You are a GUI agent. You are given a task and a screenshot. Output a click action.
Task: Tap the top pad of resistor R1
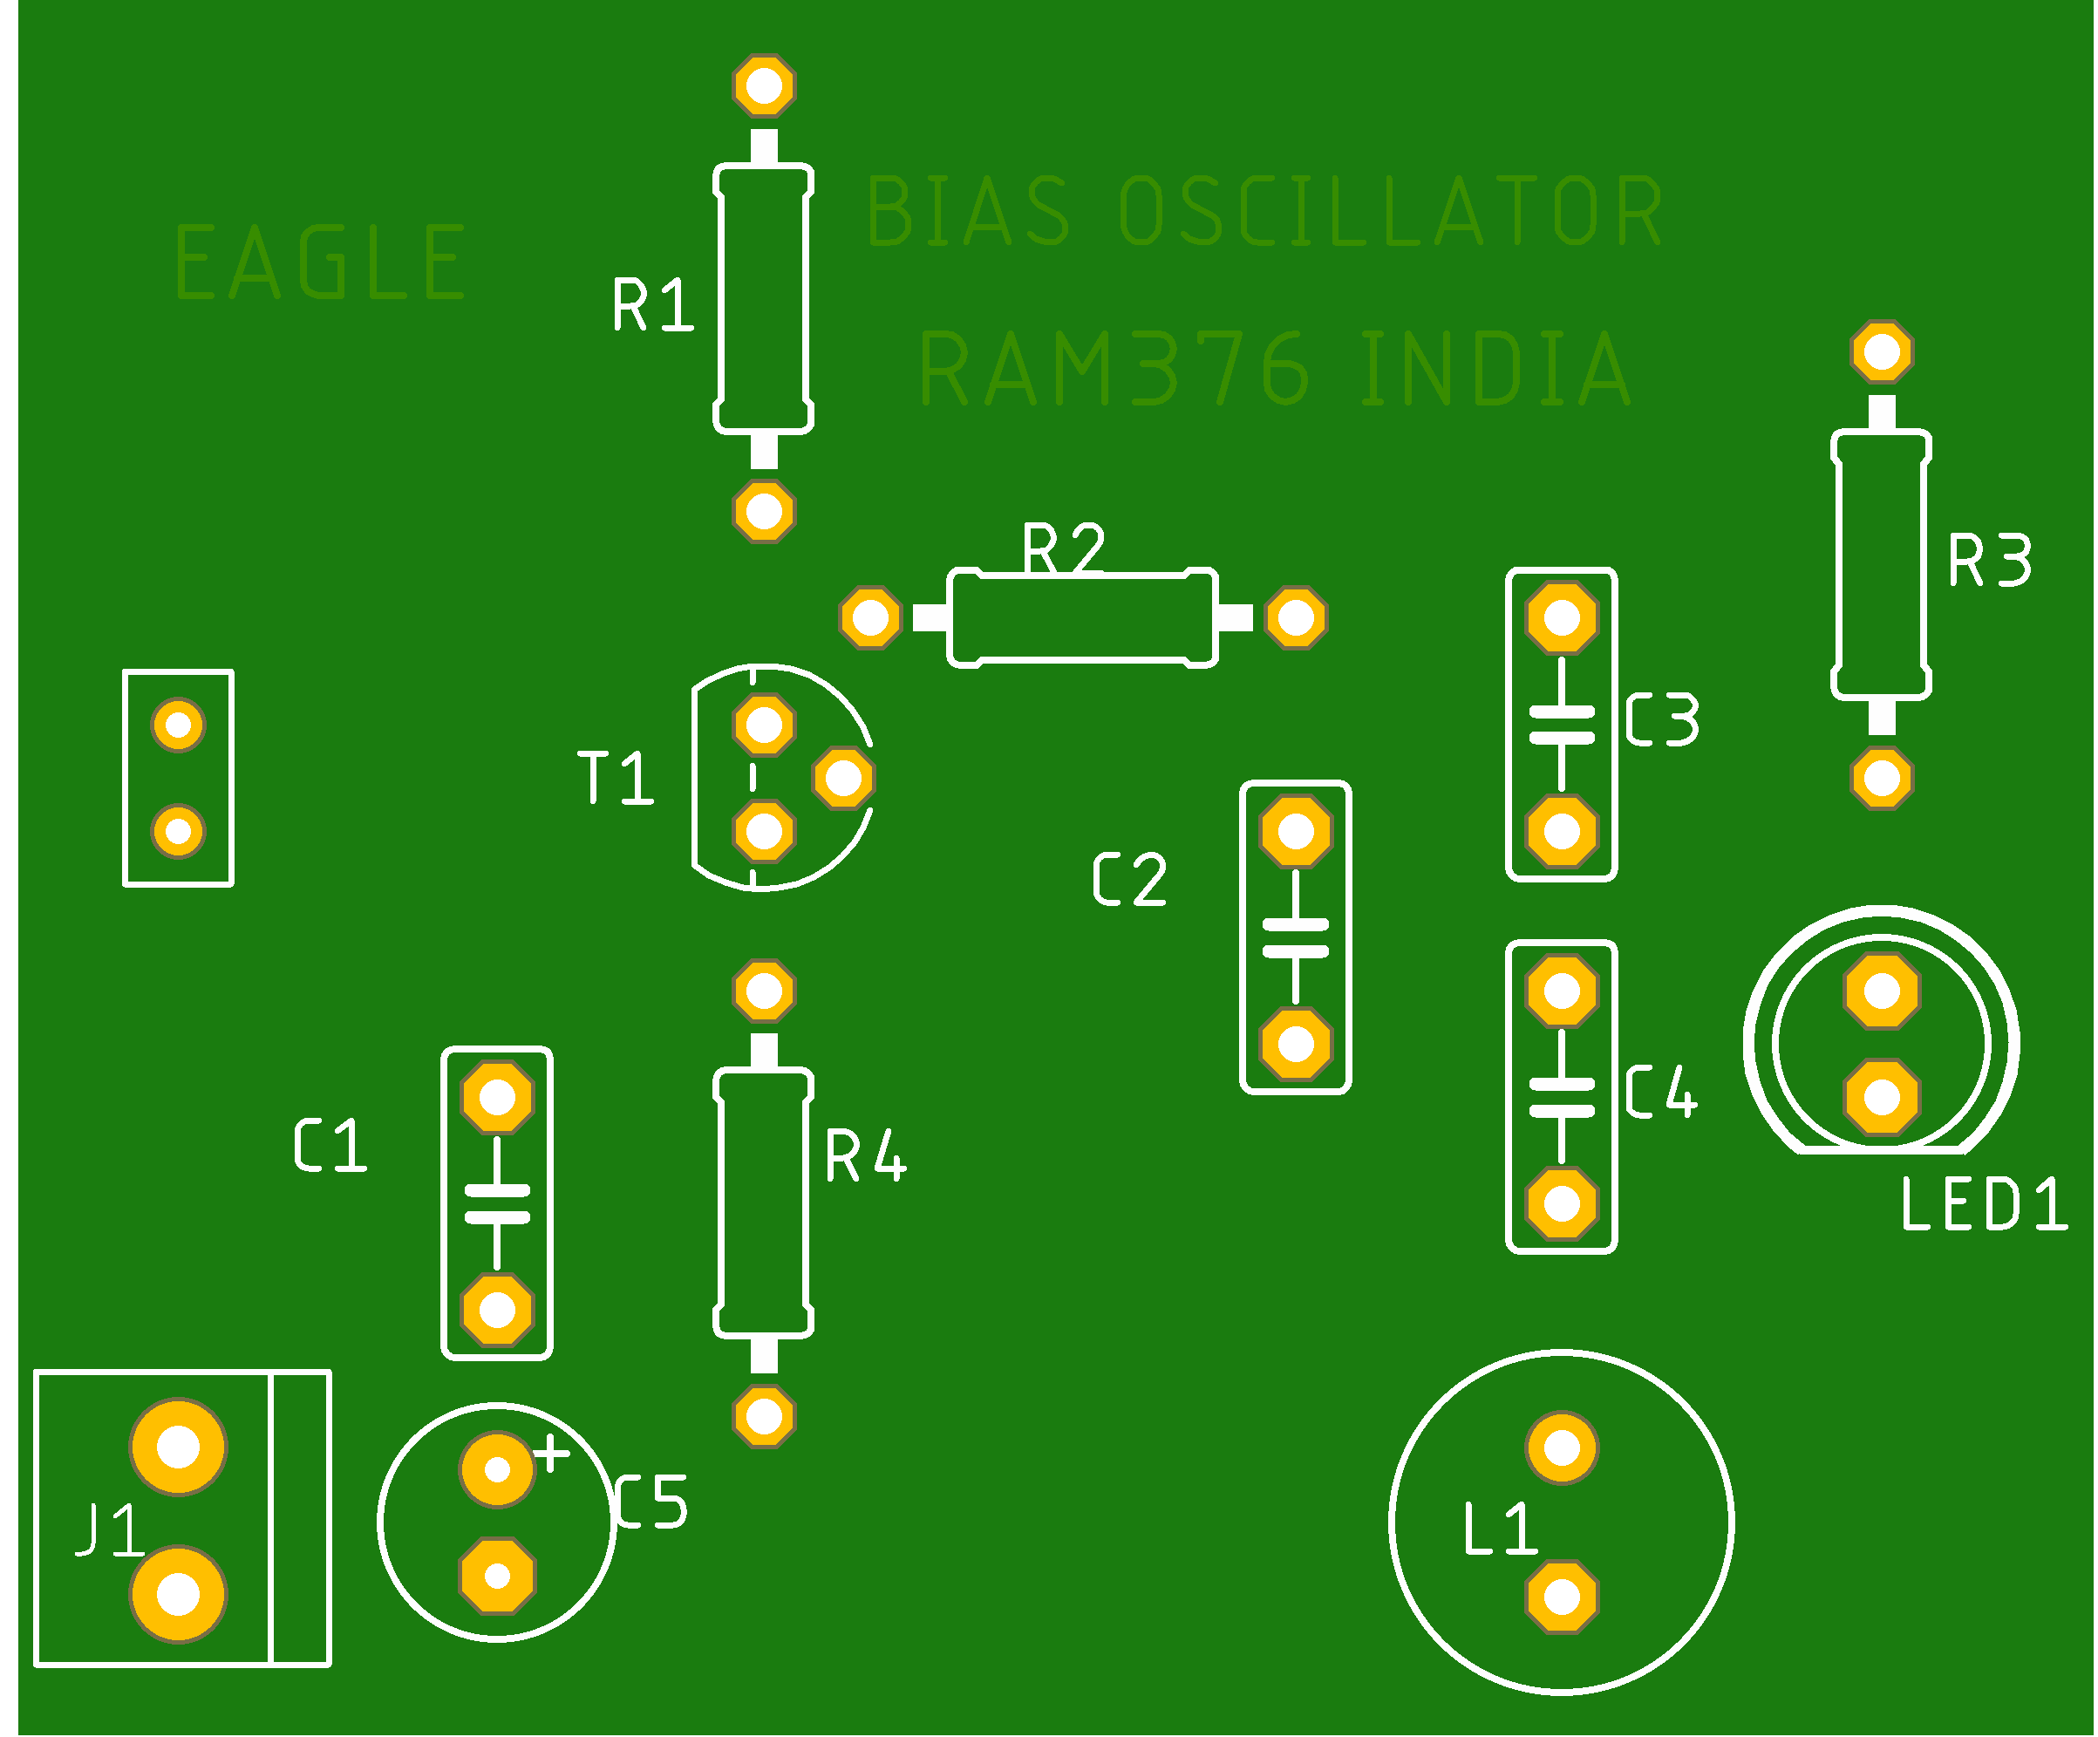tap(764, 86)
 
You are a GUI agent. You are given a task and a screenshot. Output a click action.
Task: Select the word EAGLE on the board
tap(320, 262)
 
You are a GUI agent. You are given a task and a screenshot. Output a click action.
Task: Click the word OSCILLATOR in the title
tap(1391, 212)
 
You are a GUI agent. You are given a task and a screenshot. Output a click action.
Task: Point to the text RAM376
tap(1114, 370)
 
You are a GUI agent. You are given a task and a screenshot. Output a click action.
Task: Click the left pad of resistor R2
tap(870, 618)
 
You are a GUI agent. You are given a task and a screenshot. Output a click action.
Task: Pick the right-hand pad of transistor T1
tap(844, 778)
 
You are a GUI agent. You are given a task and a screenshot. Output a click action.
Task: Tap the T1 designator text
tap(616, 778)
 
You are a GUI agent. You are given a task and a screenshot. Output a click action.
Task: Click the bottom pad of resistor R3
tap(1883, 778)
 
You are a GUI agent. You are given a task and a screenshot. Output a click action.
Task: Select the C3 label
tap(1662, 720)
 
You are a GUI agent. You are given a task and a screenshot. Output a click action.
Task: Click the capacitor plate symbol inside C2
tap(1296, 938)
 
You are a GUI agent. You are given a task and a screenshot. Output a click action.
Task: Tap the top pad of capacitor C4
tap(1562, 991)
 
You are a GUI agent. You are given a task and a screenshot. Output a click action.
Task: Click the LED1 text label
tap(1983, 1204)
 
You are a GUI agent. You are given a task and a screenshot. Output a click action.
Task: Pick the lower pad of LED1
tap(1883, 1098)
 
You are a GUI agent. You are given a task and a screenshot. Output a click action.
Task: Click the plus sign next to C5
tap(551, 1454)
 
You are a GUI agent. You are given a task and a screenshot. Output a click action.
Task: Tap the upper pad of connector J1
tap(179, 1447)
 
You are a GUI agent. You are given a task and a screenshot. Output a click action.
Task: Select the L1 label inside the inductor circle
tap(1500, 1529)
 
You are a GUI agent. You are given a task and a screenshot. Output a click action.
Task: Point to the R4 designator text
tap(865, 1156)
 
